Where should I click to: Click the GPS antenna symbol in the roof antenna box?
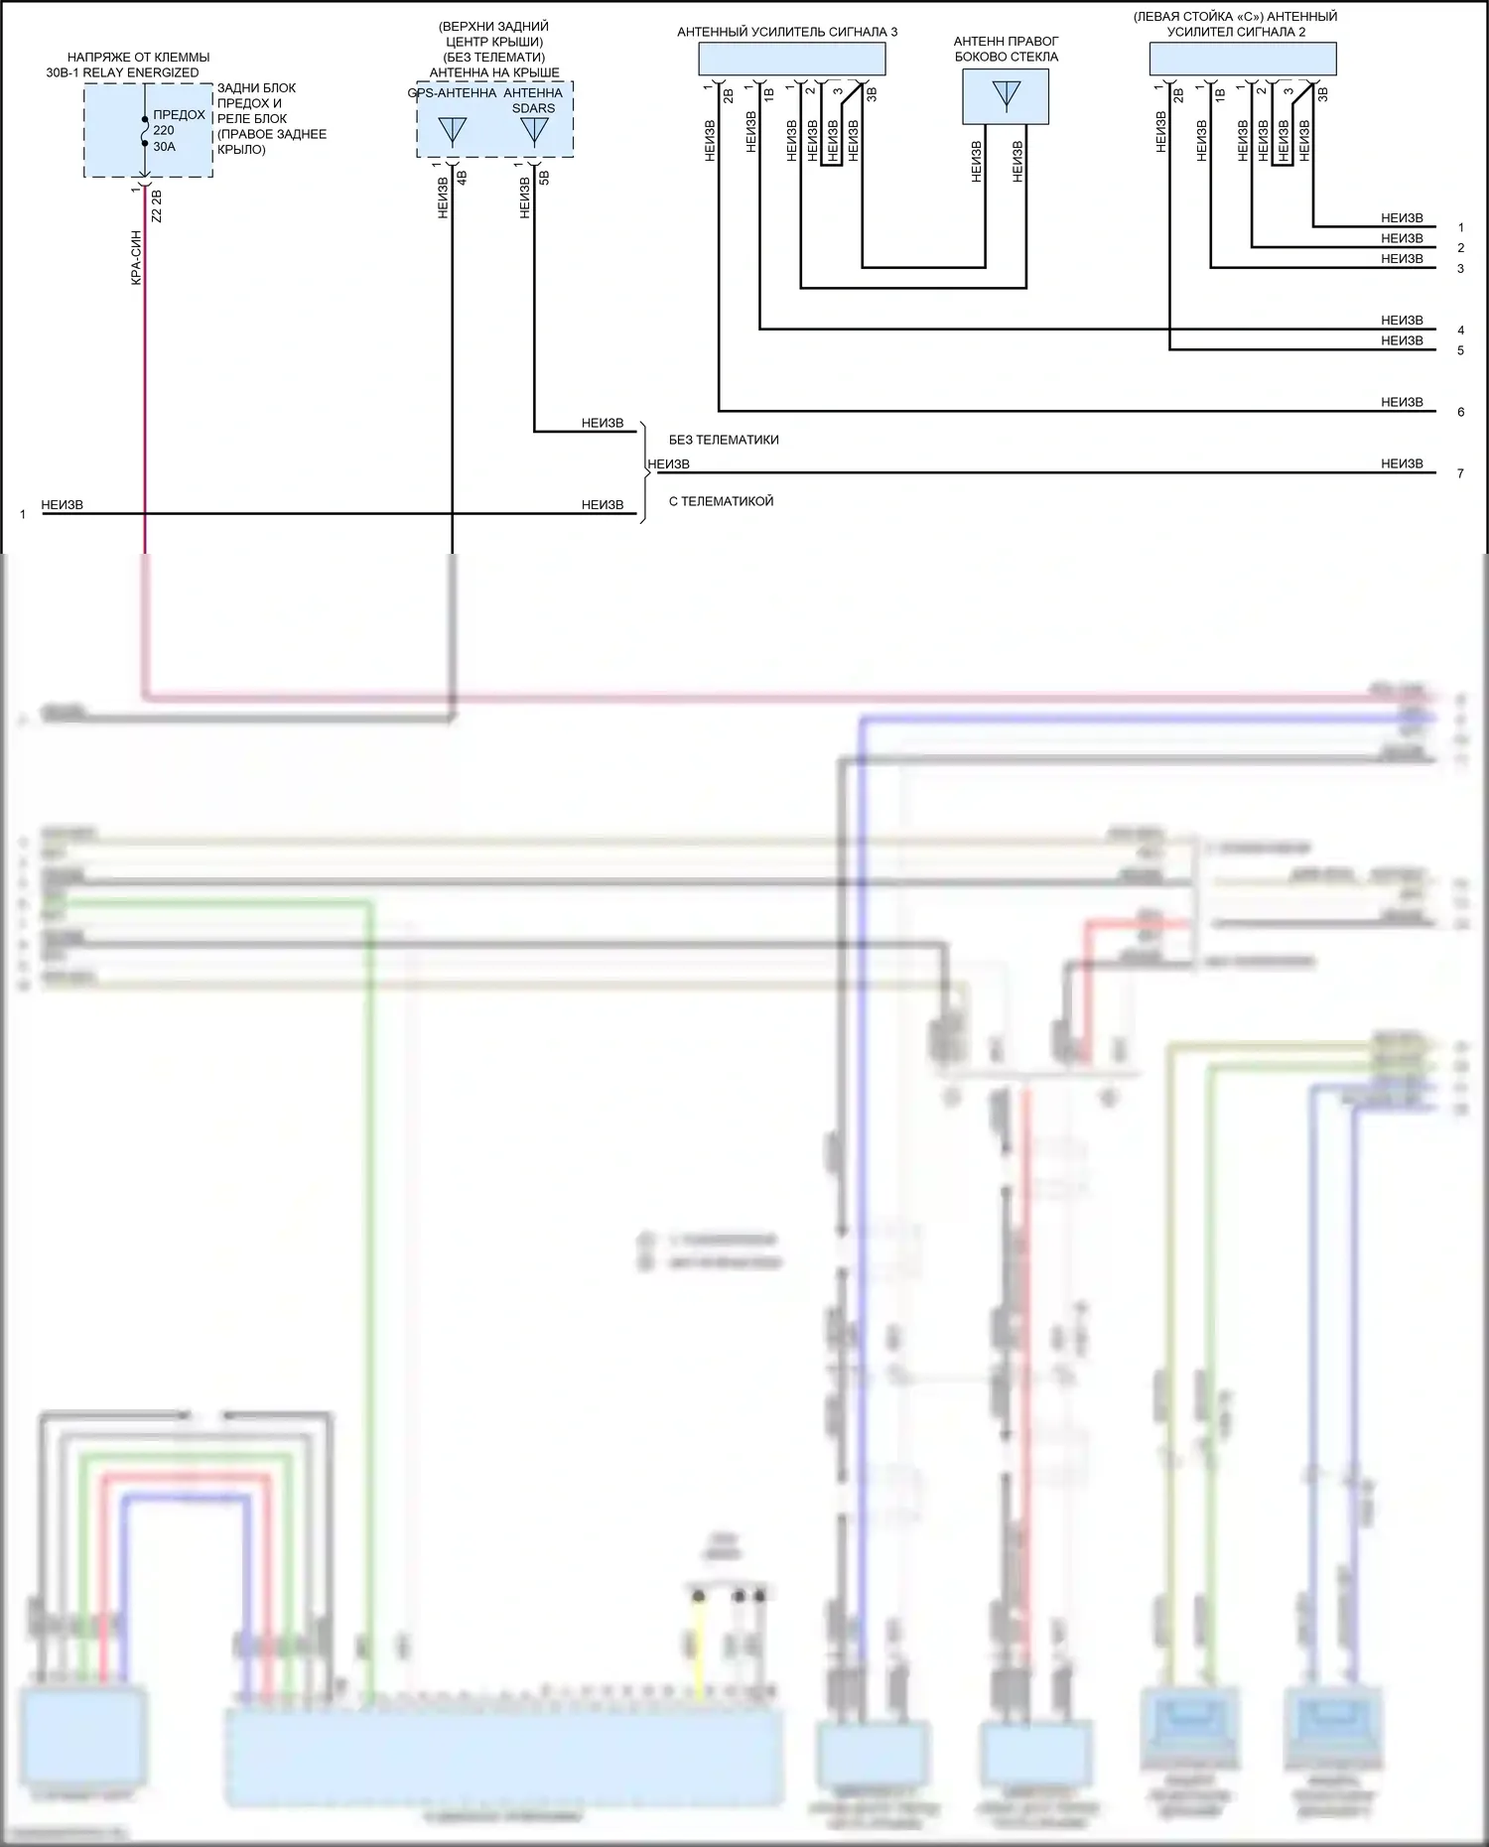tap(453, 131)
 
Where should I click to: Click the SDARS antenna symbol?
tap(534, 131)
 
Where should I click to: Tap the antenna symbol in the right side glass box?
tap(1006, 95)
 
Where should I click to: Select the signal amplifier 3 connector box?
tap(791, 60)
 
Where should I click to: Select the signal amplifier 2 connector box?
tap(1242, 60)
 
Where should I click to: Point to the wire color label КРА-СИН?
tap(136, 258)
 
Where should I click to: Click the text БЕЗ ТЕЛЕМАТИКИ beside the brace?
tap(724, 440)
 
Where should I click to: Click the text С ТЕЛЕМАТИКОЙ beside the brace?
tap(721, 501)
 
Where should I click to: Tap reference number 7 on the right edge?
tap(1460, 473)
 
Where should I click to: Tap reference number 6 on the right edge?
tap(1460, 412)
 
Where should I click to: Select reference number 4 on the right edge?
tap(1460, 330)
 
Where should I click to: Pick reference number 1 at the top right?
tap(1460, 227)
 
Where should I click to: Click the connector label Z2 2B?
tap(157, 205)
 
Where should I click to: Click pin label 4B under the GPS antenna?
tap(462, 179)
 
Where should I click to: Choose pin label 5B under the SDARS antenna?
tap(544, 179)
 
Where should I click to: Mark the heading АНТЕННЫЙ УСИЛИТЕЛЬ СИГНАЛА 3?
tap(787, 32)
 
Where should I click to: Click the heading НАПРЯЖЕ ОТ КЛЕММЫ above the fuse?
tap(138, 58)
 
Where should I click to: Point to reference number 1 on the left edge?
tap(22, 515)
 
